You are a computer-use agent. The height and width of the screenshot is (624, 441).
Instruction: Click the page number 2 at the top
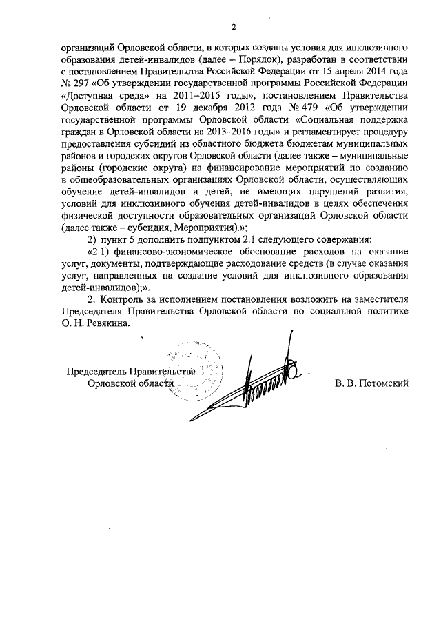point(234,28)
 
